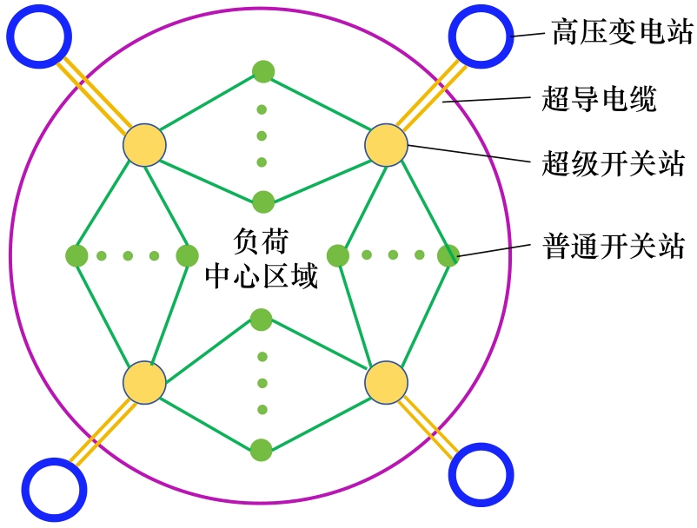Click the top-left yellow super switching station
[x=144, y=146]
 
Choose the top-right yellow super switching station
[x=386, y=145]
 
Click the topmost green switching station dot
[x=262, y=71]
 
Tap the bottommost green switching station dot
[x=261, y=451]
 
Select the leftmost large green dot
[x=76, y=255]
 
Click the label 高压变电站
[x=622, y=34]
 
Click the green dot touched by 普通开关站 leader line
[x=448, y=255]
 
